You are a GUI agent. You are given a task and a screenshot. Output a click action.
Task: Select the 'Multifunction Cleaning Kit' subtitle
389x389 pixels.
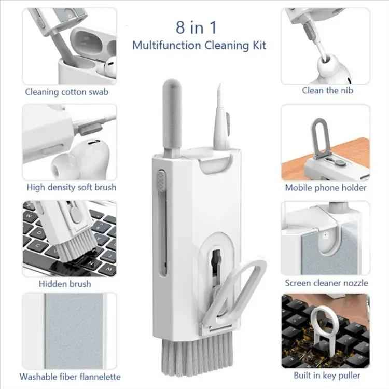(x=199, y=45)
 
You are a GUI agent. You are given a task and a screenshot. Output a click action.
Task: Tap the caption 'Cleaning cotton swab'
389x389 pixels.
(x=67, y=92)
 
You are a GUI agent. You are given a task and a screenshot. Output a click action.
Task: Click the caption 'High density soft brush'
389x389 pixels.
(x=72, y=187)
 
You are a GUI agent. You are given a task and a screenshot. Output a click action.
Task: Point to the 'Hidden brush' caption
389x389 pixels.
(x=65, y=284)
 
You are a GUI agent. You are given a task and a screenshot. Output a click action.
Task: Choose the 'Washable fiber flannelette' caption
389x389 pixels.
(x=70, y=377)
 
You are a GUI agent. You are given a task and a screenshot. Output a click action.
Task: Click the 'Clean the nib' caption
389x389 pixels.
(x=327, y=90)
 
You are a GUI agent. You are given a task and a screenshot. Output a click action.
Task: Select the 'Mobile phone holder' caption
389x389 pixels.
(x=326, y=188)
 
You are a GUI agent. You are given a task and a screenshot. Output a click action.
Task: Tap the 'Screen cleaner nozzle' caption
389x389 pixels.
(x=326, y=283)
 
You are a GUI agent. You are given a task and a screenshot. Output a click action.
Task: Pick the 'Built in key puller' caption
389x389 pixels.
(x=326, y=375)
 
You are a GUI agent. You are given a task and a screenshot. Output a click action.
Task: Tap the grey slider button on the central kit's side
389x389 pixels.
(x=161, y=183)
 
